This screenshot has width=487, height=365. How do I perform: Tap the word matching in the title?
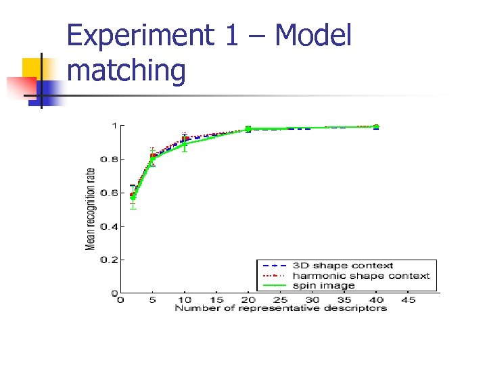[126, 71]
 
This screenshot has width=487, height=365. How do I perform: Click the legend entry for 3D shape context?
[342, 266]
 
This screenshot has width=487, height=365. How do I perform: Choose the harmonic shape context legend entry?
[361, 276]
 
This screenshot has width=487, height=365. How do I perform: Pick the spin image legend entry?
[323, 285]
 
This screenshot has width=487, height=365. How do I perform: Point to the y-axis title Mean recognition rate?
[90, 209]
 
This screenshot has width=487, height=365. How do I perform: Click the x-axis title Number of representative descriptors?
[281, 308]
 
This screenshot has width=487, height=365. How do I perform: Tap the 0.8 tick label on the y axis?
[108, 160]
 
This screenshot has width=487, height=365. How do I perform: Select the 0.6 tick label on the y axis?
[108, 193]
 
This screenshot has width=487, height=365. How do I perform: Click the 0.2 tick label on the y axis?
[108, 260]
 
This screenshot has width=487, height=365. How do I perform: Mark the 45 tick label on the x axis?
[408, 299]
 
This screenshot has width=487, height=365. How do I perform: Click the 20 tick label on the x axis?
[248, 299]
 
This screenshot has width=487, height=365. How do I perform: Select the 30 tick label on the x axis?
[312, 299]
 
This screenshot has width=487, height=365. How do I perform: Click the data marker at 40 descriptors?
[376, 126]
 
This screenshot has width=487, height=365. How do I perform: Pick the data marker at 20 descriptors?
[248, 128]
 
